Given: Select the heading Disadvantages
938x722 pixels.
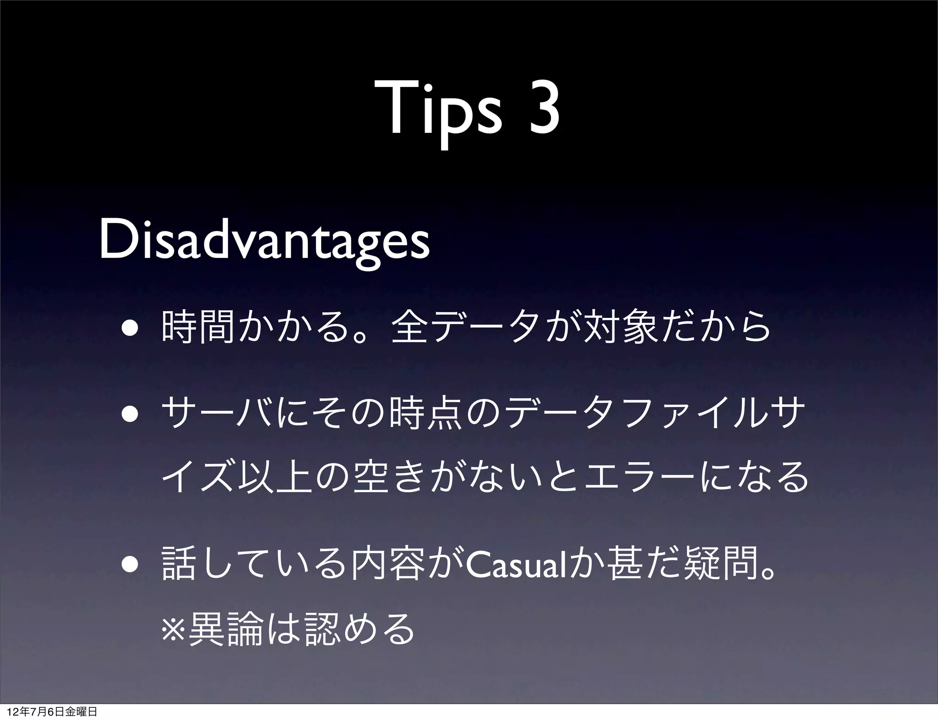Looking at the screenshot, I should click(x=265, y=241).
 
